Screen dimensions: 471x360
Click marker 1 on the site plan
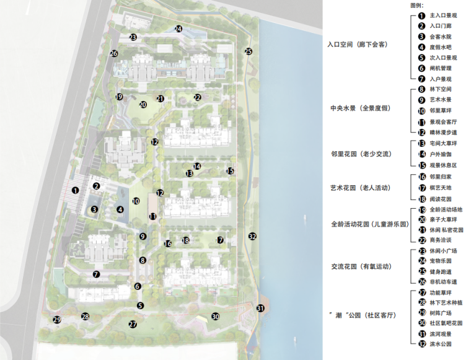coord(75,191)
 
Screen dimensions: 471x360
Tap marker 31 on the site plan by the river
coord(260,308)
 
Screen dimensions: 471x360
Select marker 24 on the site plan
coord(178,29)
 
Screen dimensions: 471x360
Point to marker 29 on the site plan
coord(57,320)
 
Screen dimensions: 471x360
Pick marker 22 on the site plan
coord(197,97)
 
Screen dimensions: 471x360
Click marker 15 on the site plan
coord(229,171)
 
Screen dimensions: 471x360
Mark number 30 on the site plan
coord(216,317)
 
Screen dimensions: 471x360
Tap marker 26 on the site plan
coord(114,54)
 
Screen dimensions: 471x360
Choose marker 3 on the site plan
coord(94,209)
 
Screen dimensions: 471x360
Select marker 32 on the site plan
coord(252,236)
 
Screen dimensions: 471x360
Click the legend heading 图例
coord(417,5)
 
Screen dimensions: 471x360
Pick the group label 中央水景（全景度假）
coord(360,108)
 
